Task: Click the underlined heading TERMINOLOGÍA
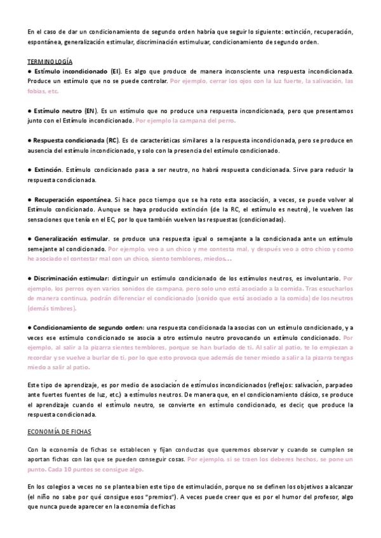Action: pyautogui.click(x=50, y=61)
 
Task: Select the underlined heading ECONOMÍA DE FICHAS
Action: pyautogui.click(x=60, y=431)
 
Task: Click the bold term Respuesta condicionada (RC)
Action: pyautogui.click(x=76, y=140)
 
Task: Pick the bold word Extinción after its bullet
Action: pyautogui.click(x=48, y=170)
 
